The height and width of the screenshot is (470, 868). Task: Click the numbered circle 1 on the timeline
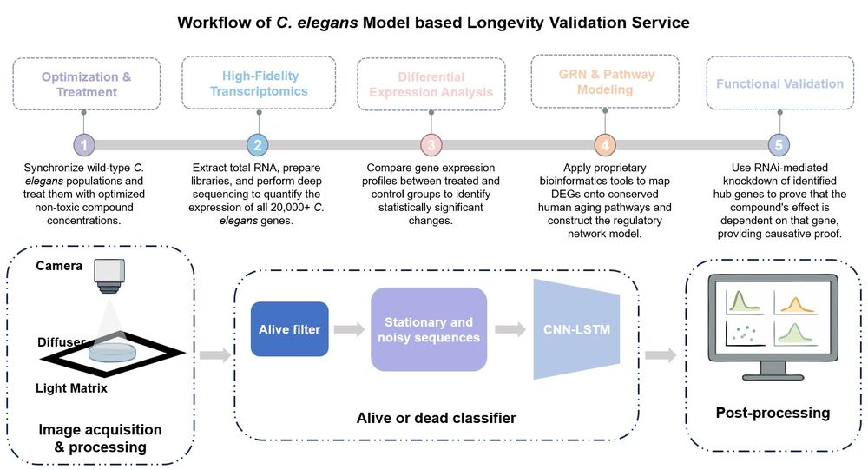point(83,144)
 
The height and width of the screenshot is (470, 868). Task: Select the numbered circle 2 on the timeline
point(257,144)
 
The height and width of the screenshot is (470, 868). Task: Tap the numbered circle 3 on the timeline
point(431,144)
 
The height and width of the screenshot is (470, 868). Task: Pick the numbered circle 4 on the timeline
point(605,144)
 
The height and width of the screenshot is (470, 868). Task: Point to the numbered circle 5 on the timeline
point(779,144)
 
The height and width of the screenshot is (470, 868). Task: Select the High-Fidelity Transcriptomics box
point(258,83)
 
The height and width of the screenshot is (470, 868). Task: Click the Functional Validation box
point(779,84)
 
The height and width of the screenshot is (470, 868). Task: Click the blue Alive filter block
point(289,329)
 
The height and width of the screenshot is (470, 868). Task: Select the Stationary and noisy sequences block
point(428,329)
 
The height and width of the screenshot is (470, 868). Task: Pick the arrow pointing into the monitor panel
point(661,354)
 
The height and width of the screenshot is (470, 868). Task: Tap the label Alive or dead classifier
point(436,418)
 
